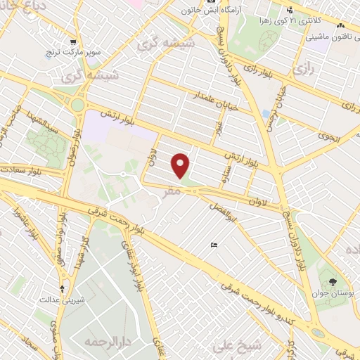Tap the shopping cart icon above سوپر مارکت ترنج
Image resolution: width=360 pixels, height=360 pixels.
pos(73,42)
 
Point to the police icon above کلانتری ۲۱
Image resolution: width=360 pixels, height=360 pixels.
pos(290,9)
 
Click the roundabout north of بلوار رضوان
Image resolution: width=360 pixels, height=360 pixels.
pos(77,105)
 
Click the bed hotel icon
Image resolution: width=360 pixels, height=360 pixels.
pos(213,245)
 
